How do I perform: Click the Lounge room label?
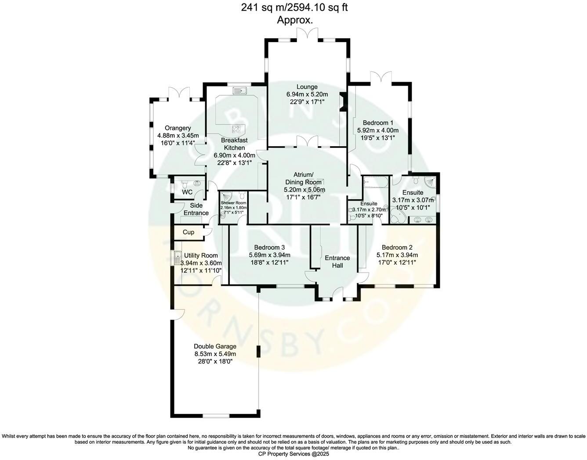tap(307, 87)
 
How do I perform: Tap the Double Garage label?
tap(215, 346)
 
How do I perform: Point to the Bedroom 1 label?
tap(378, 123)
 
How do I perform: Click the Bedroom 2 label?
tap(397, 247)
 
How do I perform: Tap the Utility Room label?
tap(201, 255)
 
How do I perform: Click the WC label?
tap(187, 192)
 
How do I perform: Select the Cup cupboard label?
tap(188, 232)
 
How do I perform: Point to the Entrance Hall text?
tap(337, 262)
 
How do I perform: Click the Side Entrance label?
tap(196, 209)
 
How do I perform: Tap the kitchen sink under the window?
tap(240, 91)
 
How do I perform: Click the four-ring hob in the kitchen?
tap(236, 129)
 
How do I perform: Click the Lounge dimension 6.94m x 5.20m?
tap(307, 94)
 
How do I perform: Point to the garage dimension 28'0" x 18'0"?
tap(215, 361)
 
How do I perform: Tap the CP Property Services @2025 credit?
tap(293, 454)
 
